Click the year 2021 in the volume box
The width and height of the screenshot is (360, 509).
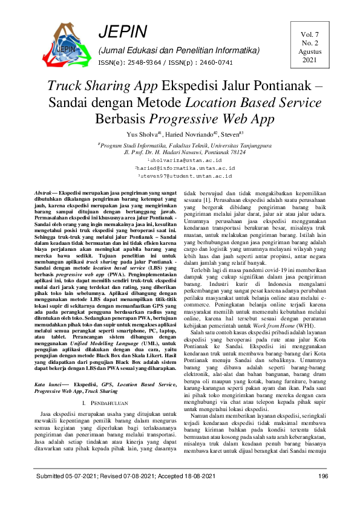click(x=309, y=60)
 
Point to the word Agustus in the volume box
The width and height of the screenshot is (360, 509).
click(x=309, y=52)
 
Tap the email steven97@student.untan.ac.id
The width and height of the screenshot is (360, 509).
click(x=180, y=175)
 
